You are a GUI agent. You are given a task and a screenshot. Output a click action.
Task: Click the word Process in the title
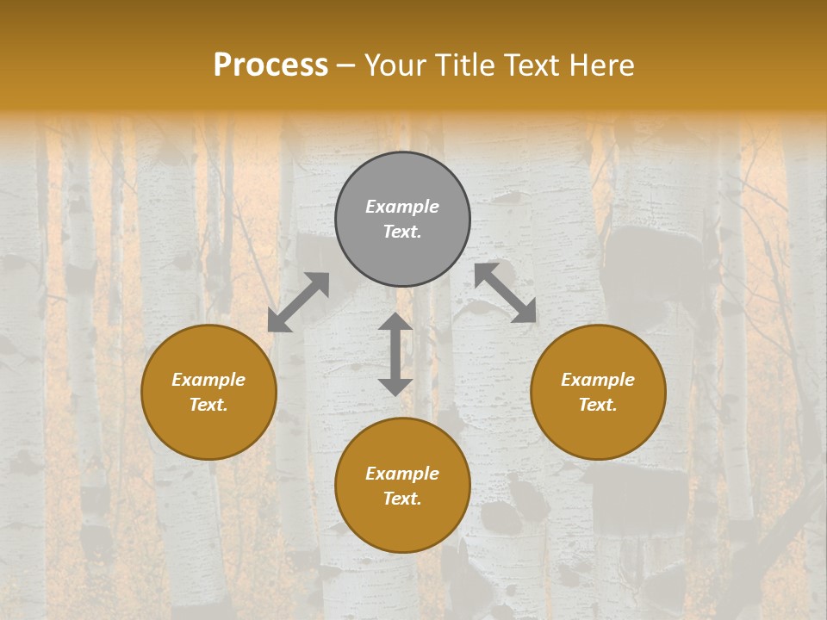click(x=270, y=65)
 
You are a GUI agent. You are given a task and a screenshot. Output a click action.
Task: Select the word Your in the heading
click(x=395, y=65)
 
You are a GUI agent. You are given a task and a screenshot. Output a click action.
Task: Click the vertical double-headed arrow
click(x=395, y=354)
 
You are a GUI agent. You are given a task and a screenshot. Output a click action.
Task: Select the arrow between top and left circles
click(x=298, y=302)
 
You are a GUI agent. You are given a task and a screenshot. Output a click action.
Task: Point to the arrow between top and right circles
click(x=505, y=293)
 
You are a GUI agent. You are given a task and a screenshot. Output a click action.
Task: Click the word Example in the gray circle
click(x=402, y=207)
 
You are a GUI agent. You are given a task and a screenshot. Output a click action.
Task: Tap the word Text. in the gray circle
click(x=402, y=232)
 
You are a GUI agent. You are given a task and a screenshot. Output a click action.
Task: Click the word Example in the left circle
click(x=208, y=380)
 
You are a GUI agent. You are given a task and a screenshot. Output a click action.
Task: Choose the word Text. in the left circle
click(x=208, y=405)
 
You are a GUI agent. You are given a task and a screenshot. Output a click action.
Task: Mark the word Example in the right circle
click(x=598, y=380)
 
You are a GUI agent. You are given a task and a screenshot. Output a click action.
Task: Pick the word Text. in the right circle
click(x=598, y=405)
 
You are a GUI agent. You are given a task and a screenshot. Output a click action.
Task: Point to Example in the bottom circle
click(x=402, y=474)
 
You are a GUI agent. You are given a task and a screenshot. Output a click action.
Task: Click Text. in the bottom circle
click(x=402, y=499)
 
